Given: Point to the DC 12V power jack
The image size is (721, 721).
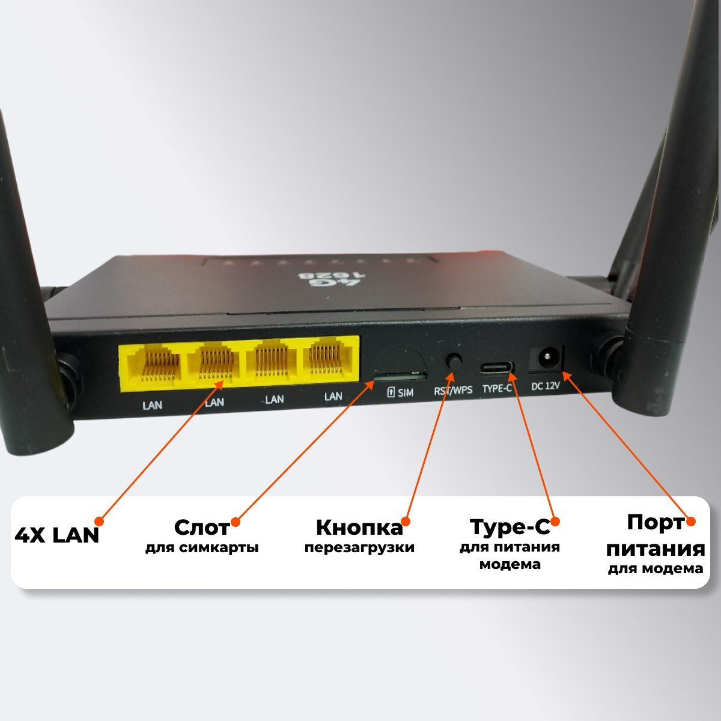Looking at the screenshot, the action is tap(547, 359).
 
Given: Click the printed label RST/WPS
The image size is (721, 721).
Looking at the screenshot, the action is tap(453, 390).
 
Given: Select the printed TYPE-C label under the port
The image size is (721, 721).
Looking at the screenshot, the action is tap(497, 389).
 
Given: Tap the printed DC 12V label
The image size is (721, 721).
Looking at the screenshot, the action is tap(546, 386).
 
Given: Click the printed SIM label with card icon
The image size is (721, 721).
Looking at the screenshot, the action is tap(400, 392).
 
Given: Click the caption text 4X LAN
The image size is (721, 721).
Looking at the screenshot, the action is tap(56, 535).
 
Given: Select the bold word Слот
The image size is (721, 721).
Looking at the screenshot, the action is tap(202, 528).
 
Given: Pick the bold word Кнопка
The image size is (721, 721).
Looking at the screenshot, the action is tap(359, 528).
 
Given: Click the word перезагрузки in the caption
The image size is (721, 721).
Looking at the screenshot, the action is tap(359, 548).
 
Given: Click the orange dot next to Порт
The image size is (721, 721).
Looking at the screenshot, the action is tap(690, 522).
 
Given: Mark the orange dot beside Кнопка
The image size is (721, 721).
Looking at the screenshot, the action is tap(406, 521).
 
